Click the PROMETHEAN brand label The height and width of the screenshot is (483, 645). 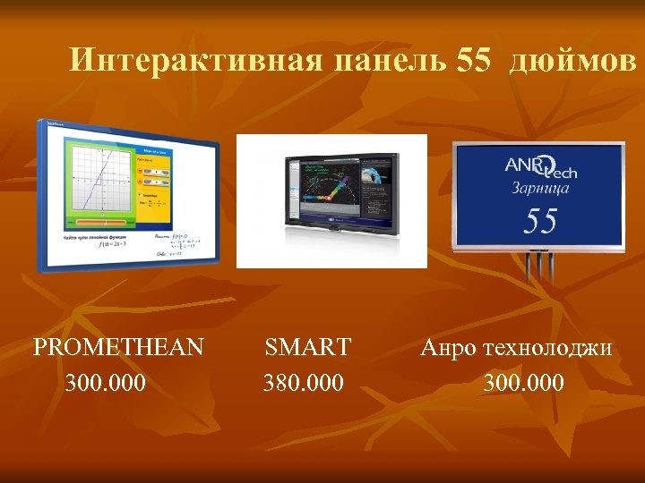coord(118,347)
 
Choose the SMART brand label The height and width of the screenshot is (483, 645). coord(307,347)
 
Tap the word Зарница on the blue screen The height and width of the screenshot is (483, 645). coord(540,188)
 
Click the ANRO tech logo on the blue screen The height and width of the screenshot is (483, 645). coord(539,165)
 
